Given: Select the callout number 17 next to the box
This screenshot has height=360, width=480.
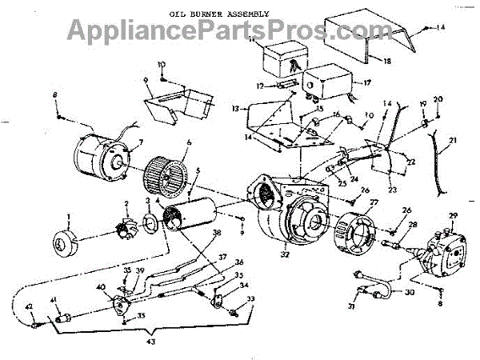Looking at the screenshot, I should point(367,81).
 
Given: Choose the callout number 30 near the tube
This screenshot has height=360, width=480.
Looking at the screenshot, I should point(410,292).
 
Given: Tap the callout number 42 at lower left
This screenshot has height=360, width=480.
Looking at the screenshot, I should point(28,306).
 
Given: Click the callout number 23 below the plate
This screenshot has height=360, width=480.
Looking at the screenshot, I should point(393,190).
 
